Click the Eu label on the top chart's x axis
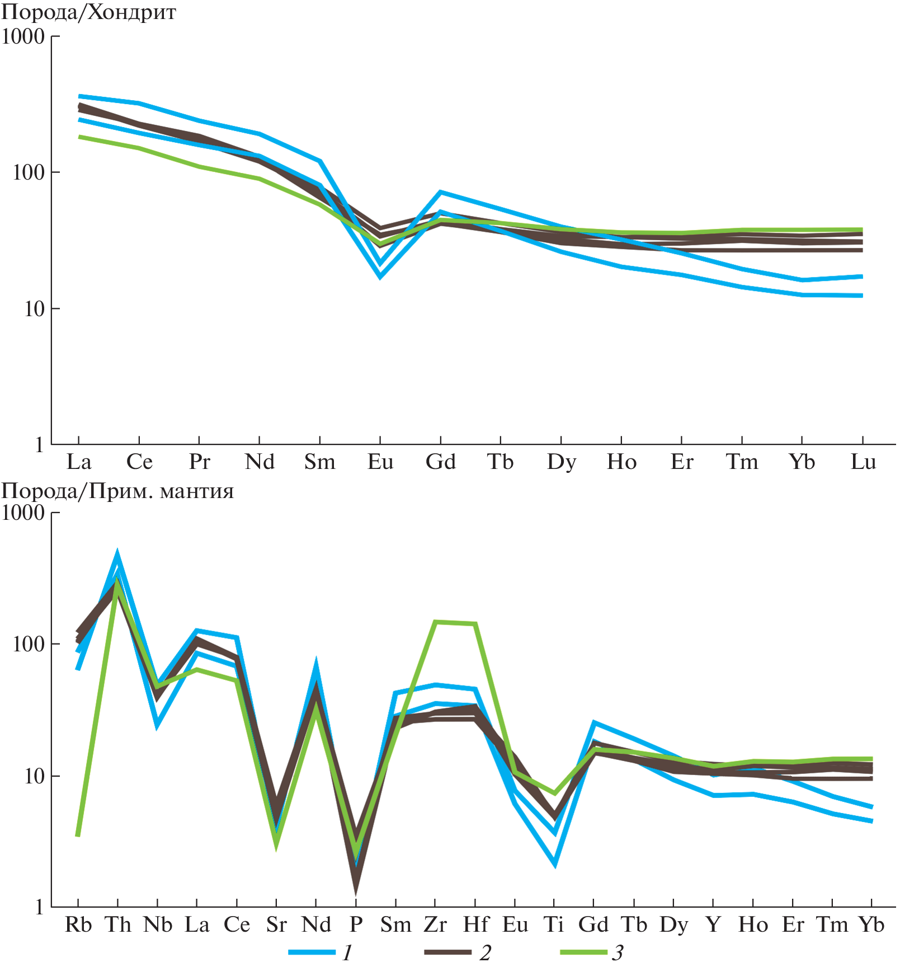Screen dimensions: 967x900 (x=380, y=462)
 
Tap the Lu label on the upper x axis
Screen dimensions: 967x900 (x=863, y=462)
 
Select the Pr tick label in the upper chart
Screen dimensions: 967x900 (x=199, y=462)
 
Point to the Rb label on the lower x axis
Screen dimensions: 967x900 (x=78, y=924)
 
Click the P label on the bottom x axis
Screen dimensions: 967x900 (x=356, y=924)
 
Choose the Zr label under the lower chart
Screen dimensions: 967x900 (x=435, y=924)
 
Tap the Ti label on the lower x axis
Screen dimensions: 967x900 (x=554, y=924)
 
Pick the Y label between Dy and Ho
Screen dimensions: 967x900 (x=713, y=924)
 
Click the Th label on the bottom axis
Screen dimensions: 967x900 (x=118, y=924)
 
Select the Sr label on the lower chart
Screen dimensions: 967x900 (x=276, y=924)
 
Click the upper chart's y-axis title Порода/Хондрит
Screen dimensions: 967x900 (x=88, y=12)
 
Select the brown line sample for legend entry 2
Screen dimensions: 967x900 (x=448, y=952)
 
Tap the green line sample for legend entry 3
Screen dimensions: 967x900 (x=583, y=952)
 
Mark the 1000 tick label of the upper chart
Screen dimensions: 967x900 (x=23, y=37)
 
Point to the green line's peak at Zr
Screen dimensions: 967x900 (x=435, y=622)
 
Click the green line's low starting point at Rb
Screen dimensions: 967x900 (x=78, y=835)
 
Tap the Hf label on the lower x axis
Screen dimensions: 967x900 (x=475, y=924)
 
